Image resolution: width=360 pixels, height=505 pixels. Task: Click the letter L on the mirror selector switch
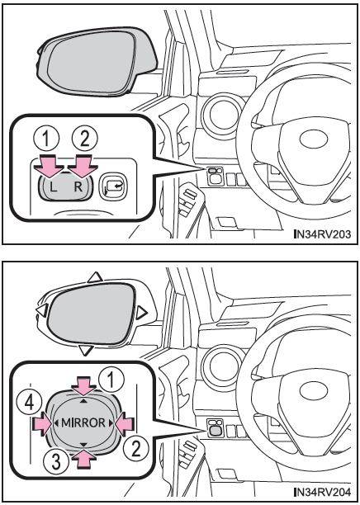[x=54, y=187]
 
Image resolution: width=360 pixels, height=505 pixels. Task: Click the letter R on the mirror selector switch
[x=78, y=186]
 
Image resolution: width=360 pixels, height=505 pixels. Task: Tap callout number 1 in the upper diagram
[x=47, y=139]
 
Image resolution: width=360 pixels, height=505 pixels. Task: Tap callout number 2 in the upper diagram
[x=85, y=139]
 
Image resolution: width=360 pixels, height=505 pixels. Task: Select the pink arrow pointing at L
[x=50, y=165]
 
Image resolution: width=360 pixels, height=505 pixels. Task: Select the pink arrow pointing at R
[x=83, y=165]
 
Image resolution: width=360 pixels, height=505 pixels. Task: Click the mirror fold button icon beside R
[x=113, y=187]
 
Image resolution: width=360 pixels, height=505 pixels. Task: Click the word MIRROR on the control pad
[x=83, y=422]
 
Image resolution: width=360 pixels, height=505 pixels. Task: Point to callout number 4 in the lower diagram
[x=30, y=403]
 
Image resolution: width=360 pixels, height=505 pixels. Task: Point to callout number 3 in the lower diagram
[x=56, y=461]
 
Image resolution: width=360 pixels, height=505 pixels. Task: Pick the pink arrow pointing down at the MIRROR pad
[x=83, y=385]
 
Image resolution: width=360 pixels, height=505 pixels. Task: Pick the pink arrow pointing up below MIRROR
[x=83, y=459]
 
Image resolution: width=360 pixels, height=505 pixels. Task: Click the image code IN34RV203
[x=322, y=234]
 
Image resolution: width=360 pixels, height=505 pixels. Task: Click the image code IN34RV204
[x=322, y=493]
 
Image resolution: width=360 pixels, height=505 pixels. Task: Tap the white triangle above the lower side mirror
[x=95, y=277]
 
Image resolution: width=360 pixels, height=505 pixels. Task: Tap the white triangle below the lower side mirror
[x=86, y=350]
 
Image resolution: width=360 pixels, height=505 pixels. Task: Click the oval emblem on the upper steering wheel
[x=314, y=139]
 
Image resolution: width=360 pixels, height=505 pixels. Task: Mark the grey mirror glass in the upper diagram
[x=92, y=61]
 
